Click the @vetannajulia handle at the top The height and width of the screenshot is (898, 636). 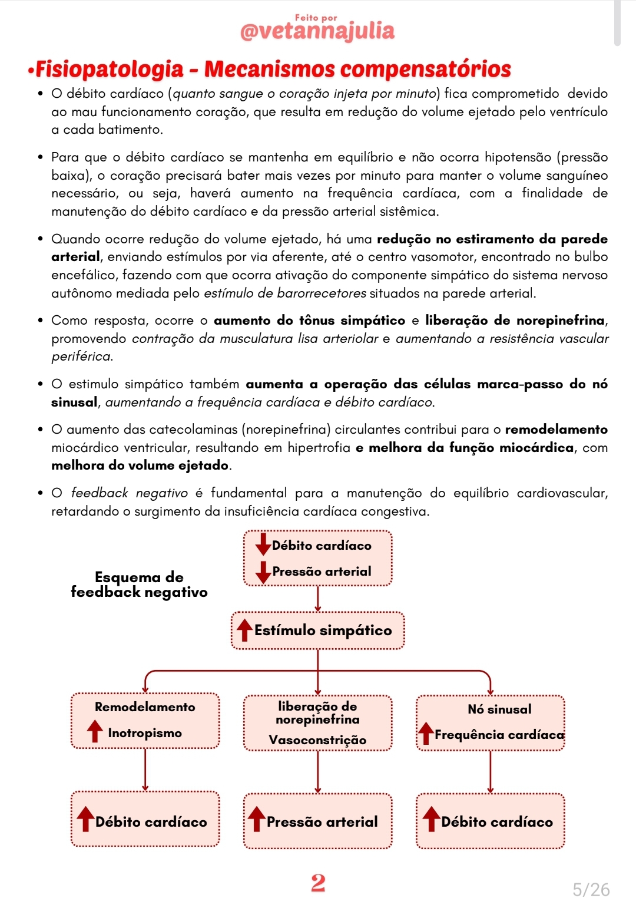(317, 31)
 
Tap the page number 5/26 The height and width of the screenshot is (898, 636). (591, 889)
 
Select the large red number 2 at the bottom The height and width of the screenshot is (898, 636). (318, 882)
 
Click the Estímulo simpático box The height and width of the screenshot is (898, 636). (318, 630)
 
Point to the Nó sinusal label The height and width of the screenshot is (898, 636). (499, 709)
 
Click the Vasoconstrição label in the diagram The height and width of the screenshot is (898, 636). (317, 739)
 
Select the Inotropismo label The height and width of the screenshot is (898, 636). (145, 733)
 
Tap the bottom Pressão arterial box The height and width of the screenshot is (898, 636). (318, 821)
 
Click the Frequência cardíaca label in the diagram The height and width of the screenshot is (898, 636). (499, 735)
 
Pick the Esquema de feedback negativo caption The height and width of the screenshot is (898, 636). (139, 585)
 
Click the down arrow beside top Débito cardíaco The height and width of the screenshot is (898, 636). (263, 544)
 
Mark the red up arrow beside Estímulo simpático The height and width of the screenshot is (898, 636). (244, 629)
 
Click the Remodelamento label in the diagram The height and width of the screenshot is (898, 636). (145, 706)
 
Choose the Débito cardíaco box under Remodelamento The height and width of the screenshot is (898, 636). (145, 821)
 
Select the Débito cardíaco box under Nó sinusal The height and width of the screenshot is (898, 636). (491, 821)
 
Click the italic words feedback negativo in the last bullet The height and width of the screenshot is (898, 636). (129, 493)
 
